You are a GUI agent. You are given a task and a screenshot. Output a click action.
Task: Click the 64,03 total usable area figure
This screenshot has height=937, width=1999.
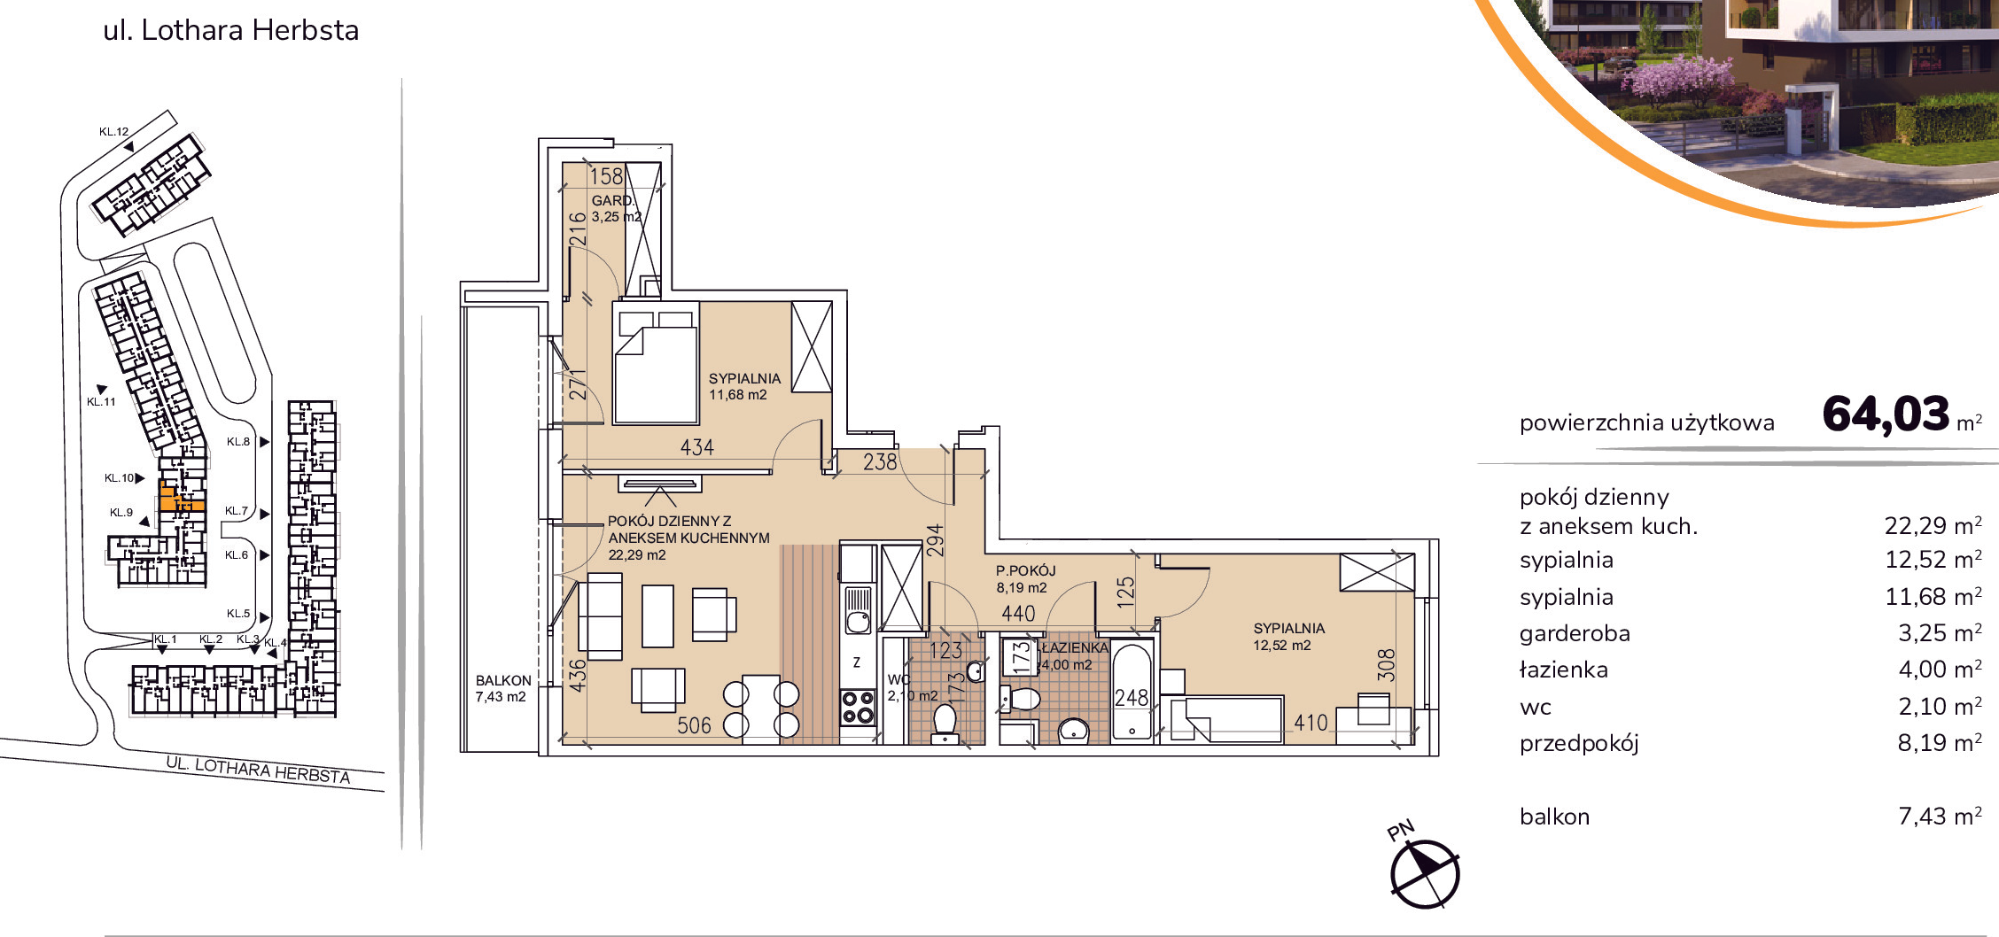pos(1886,414)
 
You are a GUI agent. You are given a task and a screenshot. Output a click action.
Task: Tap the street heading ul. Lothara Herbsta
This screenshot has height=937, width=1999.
pos(231,30)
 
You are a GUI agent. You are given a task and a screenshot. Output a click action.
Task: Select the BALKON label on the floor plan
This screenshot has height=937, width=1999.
pos(503,680)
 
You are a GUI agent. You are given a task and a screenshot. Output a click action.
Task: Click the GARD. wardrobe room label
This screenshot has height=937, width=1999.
pos(613,200)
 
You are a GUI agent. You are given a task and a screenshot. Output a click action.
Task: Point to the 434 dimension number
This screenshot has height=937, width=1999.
pos(697,447)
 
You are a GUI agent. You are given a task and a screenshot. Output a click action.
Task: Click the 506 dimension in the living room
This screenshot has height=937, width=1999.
pos(694,725)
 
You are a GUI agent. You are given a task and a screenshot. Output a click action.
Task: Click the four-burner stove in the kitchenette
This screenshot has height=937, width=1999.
pos(858,708)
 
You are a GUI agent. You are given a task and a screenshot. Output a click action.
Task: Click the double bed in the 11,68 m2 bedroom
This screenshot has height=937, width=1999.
pos(656,366)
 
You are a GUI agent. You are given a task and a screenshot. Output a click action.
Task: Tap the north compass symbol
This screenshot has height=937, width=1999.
pos(1424,873)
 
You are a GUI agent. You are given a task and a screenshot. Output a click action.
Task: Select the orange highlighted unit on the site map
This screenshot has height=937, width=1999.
pos(180,498)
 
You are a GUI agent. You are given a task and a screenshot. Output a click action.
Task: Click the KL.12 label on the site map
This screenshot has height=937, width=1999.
pos(114,131)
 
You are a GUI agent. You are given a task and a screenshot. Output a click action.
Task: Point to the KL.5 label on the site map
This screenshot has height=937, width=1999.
pos(238,613)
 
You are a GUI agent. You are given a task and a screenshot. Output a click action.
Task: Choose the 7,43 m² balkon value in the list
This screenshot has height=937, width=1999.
pos(1940,816)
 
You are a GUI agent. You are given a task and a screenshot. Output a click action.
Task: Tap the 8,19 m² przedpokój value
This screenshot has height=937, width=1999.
pos(1940,742)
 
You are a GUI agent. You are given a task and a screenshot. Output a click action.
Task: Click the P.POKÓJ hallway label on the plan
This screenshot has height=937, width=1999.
pos(1026,570)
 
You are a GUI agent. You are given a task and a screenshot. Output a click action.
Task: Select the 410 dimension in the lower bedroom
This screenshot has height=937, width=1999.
pos(1311,723)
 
